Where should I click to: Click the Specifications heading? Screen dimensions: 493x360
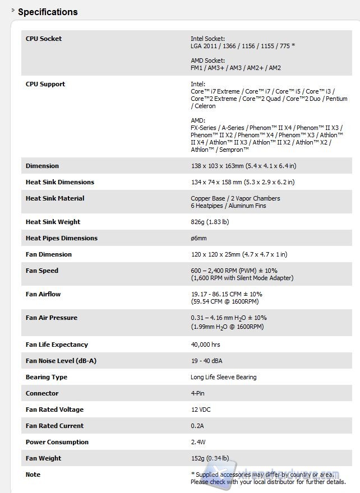48,12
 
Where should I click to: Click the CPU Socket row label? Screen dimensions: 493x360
44,39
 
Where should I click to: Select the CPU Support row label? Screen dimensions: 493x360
45,84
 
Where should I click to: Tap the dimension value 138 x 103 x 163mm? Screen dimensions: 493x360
243,166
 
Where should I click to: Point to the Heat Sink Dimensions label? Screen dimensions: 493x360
60,182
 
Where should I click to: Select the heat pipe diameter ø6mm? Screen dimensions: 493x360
199,238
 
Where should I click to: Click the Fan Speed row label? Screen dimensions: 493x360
42,271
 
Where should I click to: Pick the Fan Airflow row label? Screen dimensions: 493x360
43,294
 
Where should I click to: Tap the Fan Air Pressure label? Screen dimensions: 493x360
52,318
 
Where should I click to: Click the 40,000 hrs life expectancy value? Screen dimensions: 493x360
206,345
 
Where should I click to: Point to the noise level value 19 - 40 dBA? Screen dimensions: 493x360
206,361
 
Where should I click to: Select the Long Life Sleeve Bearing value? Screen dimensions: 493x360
223,377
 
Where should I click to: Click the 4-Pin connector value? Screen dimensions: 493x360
197,393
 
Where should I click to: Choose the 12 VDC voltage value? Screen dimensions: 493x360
201,410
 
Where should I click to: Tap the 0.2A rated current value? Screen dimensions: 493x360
197,426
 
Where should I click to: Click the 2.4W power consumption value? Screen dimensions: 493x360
199,442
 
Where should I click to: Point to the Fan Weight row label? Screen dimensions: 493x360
44,458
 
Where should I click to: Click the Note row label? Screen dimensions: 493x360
33,475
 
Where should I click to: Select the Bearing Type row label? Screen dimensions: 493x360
47,377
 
